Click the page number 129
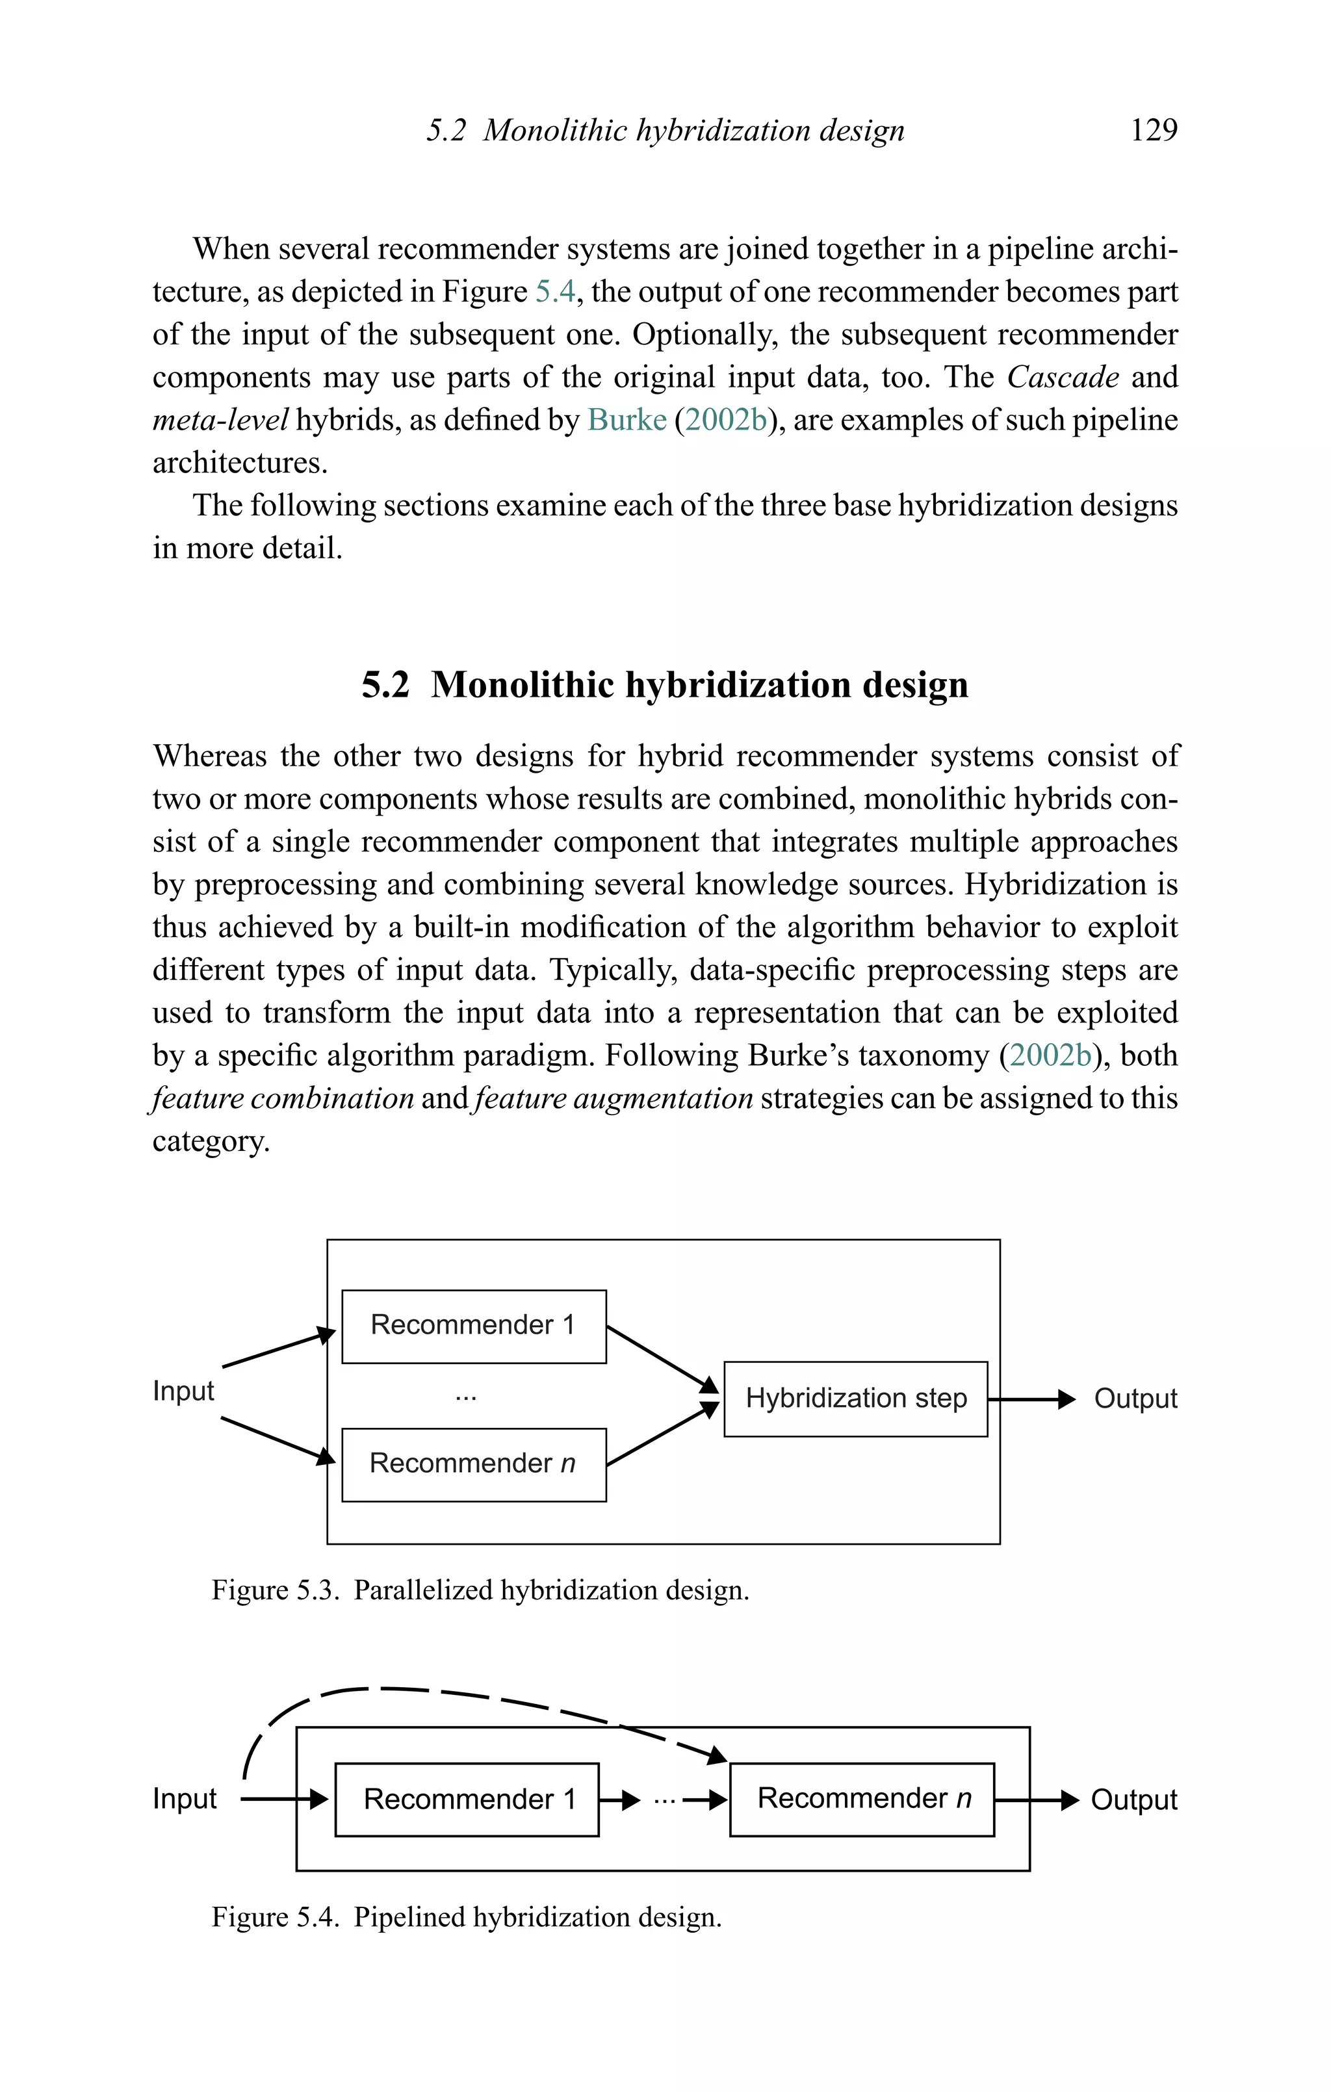(x=1153, y=131)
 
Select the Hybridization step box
(x=856, y=1399)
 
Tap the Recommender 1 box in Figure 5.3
(x=474, y=1326)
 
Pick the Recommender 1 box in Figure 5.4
(x=467, y=1800)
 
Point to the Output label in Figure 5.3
(x=1135, y=1399)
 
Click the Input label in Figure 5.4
(x=184, y=1798)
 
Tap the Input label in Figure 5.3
(x=183, y=1391)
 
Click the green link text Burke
(x=627, y=420)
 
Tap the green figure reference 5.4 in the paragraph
(x=554, y=292)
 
